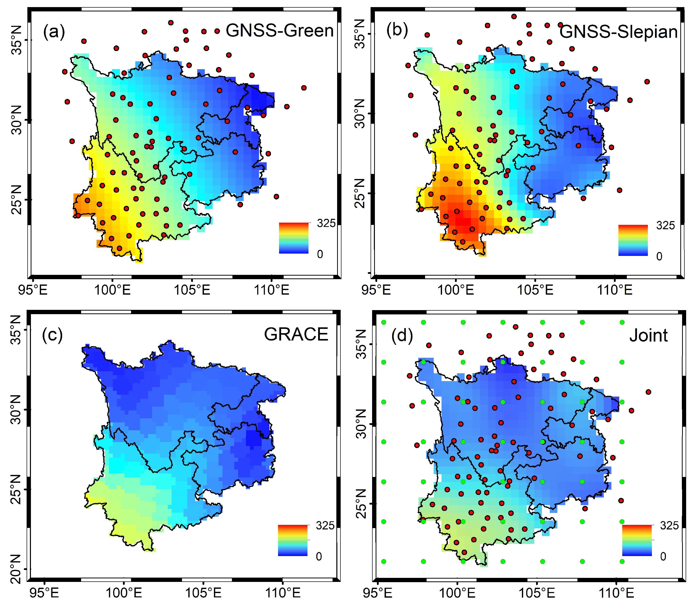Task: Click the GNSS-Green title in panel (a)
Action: pyautogui.click(x=280, y=31)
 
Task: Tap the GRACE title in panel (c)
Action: pyautogui.click(x=296, y=334)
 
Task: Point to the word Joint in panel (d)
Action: pyautogui.click(x=648, y=335)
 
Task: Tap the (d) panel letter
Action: pyautogui.click(x=402, y=336)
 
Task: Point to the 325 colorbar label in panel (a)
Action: pyautogui.click(x=326, y=223)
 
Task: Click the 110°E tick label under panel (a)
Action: pyautogui.click(x=271, y=290)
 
